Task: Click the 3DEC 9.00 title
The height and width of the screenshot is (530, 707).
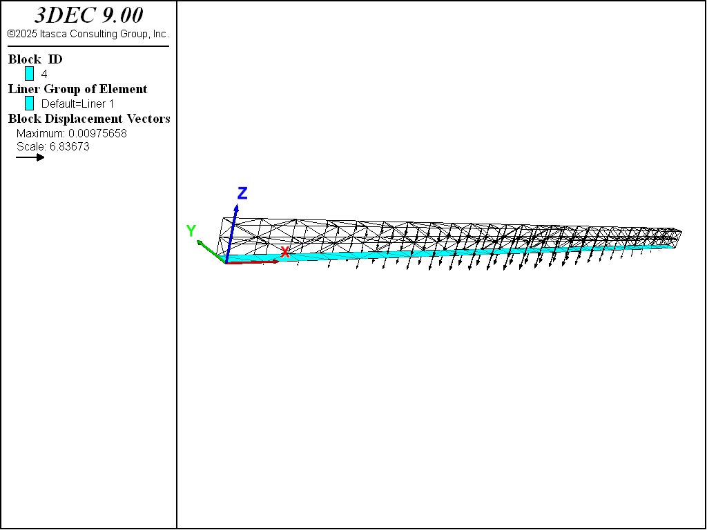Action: pyautogui.click(x=88, y=15)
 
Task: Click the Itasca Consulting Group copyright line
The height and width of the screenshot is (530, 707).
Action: pyautogui.click(x=88, y=34)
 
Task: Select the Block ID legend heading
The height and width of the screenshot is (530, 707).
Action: pyautogui.click(x=35, y=59)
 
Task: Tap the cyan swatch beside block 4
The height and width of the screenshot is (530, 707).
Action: pyautogui.click(x=29, y=73)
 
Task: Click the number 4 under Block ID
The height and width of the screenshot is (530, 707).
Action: pyautogui.click(x=44, y=74)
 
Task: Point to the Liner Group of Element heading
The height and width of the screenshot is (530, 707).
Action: pyautogui.click(x=77, y=89)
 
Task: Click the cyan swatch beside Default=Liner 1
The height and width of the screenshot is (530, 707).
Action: pyautogui.click(x=29, y=104)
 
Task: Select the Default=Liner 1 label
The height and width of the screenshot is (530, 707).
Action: pyautogui.click(x=77, y=104)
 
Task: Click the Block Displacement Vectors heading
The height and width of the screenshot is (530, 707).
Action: pyautogui.click(x=89, y=119)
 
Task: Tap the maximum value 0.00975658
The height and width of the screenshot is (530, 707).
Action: pyautogui.click(x=97, y=133)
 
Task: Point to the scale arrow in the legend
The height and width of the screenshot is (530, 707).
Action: pyautogui.click(x=30, y=157)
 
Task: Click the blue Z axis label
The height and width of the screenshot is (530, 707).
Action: pyautogui.click(x=242, y=193)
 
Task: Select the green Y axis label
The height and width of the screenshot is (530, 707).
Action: pyautogui.click(x=191, y=230)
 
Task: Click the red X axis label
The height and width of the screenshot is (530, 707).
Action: pyautogui.click(x=285, y=253)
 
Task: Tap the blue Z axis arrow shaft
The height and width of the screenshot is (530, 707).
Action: pyautogui.click(x=231, y=234)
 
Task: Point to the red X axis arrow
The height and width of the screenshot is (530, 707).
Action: pyautogui.click(x=251, y=262)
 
